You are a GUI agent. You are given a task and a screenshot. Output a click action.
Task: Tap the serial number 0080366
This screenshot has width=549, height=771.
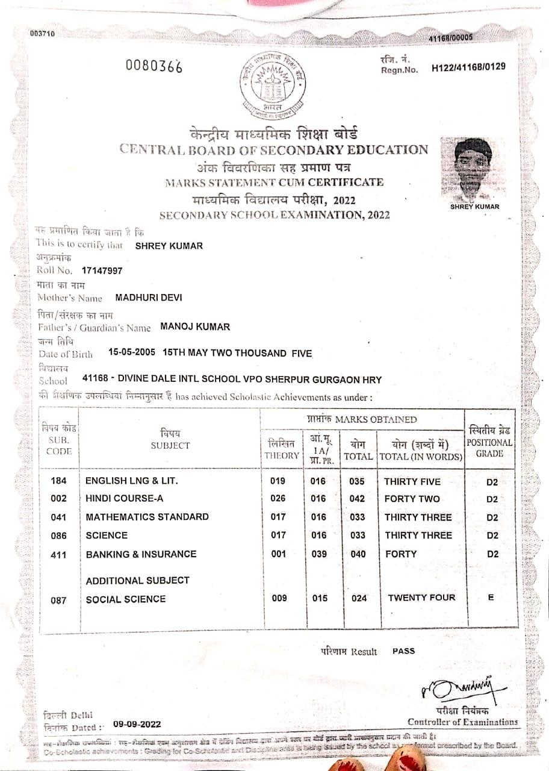point(154,66)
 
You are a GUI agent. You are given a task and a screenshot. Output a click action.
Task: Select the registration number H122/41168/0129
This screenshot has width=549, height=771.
point(469,67)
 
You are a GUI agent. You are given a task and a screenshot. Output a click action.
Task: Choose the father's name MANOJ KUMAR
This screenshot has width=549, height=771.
point(195,327)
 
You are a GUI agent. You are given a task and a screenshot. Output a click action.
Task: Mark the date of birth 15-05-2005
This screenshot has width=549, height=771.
point(132,353)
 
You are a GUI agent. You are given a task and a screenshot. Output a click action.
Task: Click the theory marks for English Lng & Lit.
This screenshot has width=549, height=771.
point(278,481)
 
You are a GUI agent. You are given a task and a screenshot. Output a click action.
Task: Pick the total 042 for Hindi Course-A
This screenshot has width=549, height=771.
point(357,499)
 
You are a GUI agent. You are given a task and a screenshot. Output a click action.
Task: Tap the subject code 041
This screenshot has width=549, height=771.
point(58,517)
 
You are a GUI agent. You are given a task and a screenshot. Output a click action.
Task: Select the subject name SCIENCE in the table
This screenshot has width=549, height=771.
point(107,535)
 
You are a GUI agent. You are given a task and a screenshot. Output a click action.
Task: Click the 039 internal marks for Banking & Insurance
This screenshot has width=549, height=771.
point(318,554)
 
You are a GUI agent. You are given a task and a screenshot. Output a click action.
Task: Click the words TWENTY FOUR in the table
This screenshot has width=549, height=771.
point(421,598)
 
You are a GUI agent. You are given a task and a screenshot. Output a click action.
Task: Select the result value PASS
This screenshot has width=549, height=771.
point(403,651)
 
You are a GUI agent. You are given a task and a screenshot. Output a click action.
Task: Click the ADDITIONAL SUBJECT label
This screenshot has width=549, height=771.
point(137,581)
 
